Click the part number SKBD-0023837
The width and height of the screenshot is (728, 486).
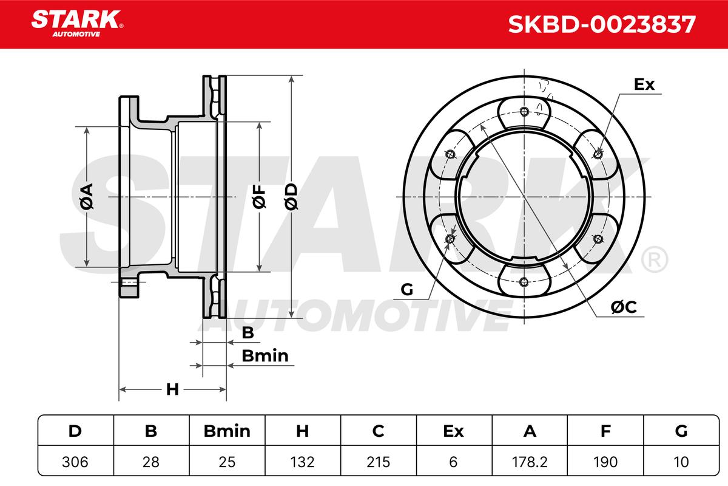602,24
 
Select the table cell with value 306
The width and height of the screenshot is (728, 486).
75,462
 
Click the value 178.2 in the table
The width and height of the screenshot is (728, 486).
530,462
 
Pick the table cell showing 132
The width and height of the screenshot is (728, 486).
303,462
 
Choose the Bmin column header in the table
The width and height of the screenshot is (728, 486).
227,431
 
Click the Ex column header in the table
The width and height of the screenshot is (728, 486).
453,431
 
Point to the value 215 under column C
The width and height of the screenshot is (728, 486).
379,462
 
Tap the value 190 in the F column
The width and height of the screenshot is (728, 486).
605,462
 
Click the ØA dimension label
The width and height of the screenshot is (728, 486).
87,196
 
